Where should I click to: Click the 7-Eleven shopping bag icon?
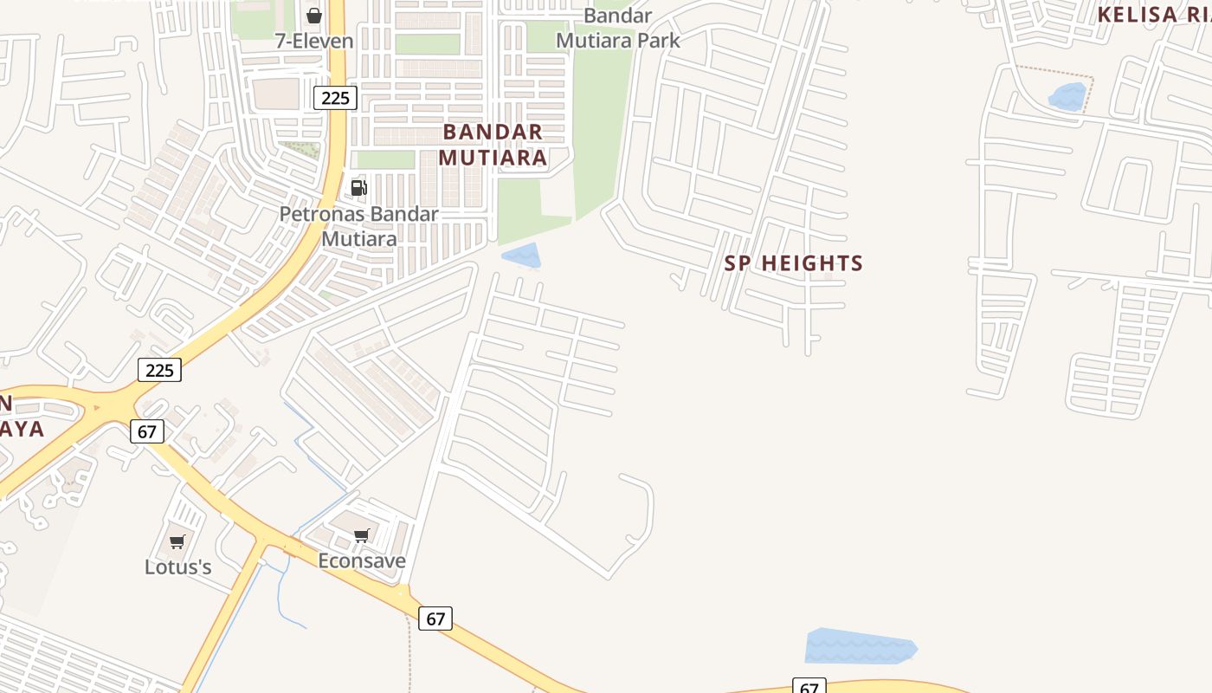tap(314, 16)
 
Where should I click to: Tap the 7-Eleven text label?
tap(314, 41)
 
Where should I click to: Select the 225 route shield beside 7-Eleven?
tap(335, 98)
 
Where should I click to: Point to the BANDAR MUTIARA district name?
tap(493, 145)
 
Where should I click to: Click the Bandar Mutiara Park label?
tap(618, 28)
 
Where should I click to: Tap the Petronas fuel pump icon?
tap(358, 187)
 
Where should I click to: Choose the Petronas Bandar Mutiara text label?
tap(359, 226)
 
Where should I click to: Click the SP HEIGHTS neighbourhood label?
tap(794, 263)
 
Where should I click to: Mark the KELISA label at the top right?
tap(1151, 15)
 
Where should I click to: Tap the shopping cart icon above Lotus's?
tap(177, 542)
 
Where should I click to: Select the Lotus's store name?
tap(178, 567)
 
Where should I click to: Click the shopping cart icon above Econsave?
tap(362, 536)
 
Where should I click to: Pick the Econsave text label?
tap(362, 560)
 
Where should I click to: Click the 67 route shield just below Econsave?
tap(435, 619)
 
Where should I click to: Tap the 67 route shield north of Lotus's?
tap(147, 431)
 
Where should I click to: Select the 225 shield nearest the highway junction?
tap(160, 370)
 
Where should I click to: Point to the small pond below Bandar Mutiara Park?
tap(521, 256)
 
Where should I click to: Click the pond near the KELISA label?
tap(1067, 96)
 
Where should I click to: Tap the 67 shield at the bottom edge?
tap(809, 687)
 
